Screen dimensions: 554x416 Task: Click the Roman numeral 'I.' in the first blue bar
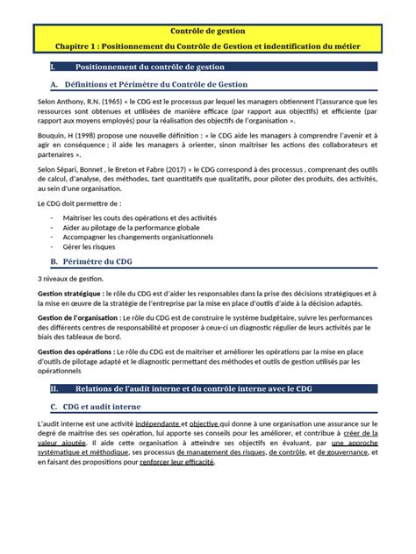[x=55, y=67]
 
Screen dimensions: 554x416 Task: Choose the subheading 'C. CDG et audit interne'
[x=104, y=406]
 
